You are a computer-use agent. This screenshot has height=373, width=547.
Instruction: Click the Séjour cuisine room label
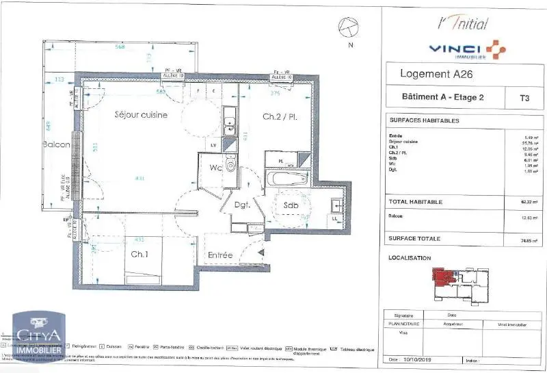coord(140,115)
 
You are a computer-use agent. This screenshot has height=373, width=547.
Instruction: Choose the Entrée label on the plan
coord(220,255)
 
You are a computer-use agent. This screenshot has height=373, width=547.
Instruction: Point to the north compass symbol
coord(349,27)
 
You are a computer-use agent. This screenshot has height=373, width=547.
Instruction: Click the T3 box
coord(524,98)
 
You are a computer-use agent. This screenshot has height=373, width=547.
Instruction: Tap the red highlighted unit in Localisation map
coord(444,278)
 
